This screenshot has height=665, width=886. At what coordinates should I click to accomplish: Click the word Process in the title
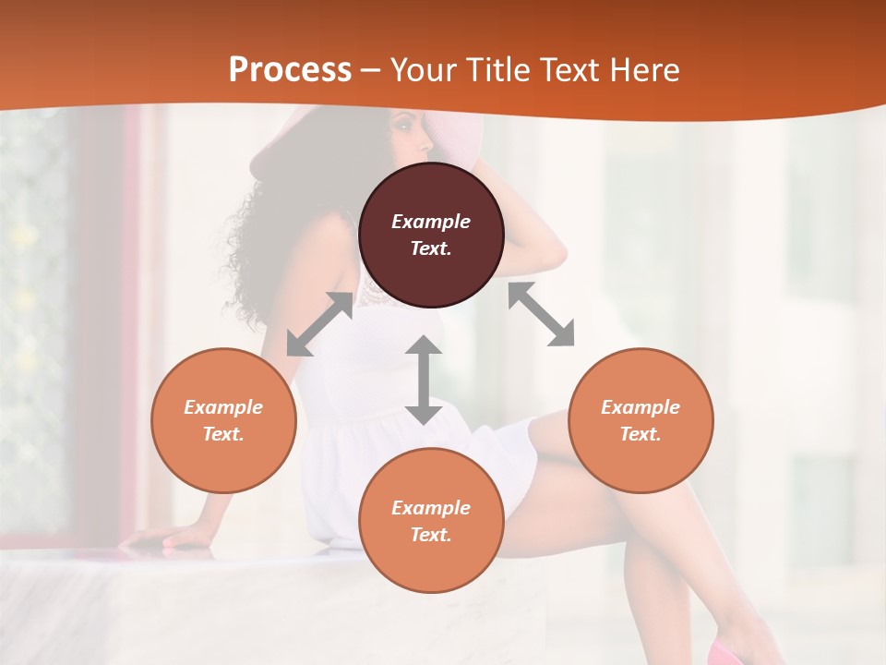tap(290, 70)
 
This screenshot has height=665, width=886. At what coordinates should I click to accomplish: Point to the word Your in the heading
tap(423, 70)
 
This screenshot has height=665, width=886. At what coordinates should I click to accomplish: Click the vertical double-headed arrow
tap(424, 380)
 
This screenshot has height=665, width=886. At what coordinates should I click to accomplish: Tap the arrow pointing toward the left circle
tap(319, 324)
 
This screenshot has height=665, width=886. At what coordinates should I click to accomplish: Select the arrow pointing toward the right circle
tap(542, 314)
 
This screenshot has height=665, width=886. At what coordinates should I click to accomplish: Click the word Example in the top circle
tap(431, 222)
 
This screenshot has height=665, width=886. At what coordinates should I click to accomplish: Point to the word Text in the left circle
tap(223, 434)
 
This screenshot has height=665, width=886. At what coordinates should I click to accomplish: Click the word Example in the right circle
tap(641, 407)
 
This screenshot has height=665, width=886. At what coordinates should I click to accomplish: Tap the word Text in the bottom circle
tap(431, 535)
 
